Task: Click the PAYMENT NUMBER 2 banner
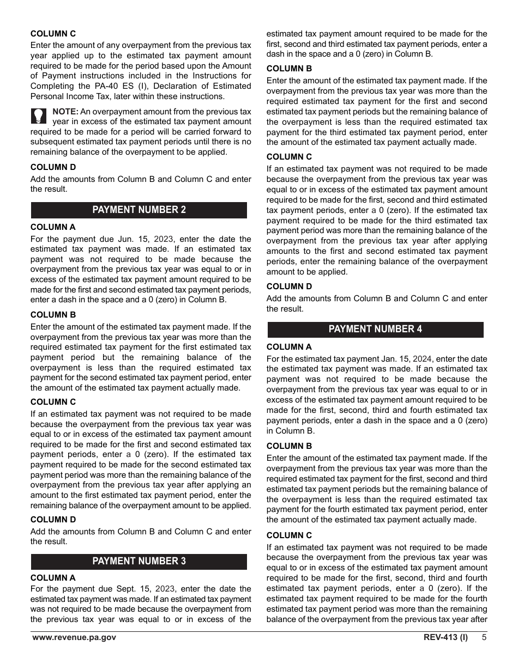tap(139, 210)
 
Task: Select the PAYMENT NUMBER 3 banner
tap(139, 561)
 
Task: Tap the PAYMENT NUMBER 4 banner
tap(375, 329)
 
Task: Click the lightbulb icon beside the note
tap(38, 117)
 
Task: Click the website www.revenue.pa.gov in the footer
tap(74, 638)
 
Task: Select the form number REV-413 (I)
tap(445, 638)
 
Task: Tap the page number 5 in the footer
tap(484, 638)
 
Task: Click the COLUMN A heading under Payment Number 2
tap(53, 227)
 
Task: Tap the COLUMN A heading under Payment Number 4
tap(289, 347)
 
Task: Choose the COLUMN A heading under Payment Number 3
tap(53, 578)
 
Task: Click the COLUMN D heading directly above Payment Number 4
tap(290, 287)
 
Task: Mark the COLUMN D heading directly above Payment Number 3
tap(53, 520)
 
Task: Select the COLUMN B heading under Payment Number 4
tap(290, 446)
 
